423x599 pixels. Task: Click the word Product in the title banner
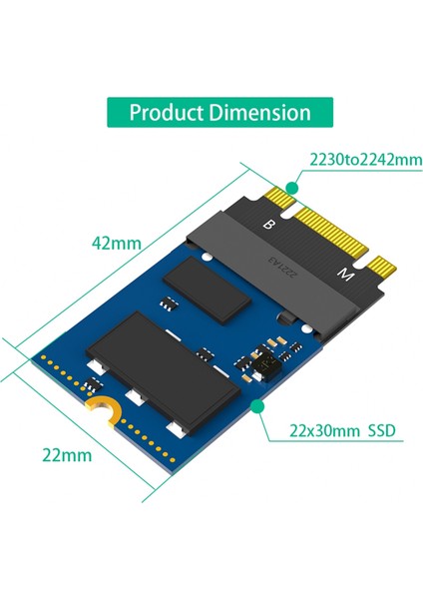pyautogui.click(x=164, y=112)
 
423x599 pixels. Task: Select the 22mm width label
pyautogui.click(x=66, y=455)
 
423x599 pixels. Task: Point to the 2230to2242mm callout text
pyautogui.click(x=351, y=159)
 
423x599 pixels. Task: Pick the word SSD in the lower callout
pyautogui.click(x=380, y=431)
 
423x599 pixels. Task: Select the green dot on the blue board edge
pyautogui.click(x=258, y=406)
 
